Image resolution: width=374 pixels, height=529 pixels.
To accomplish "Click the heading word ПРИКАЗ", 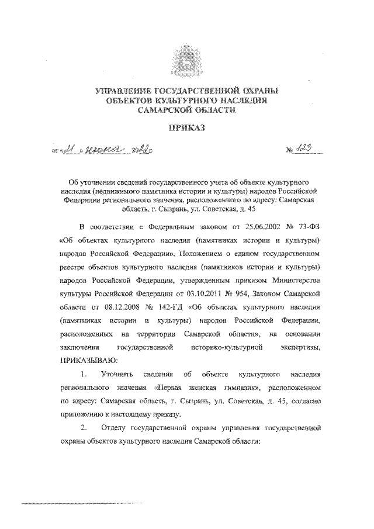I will [x=186, y=126].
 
